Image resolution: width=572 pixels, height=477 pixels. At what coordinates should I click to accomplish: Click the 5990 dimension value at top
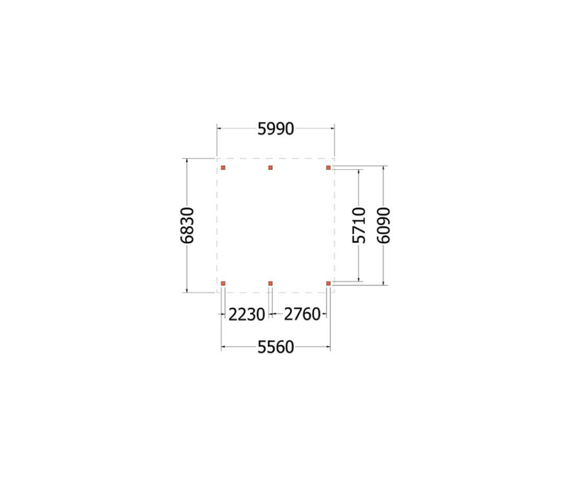(276, 129)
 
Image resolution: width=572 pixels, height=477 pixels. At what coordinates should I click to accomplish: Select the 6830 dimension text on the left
(188, 225)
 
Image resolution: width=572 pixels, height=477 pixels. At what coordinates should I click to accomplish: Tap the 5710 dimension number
(359, 225)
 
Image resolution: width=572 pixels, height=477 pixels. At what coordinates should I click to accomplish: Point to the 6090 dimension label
(384, 225)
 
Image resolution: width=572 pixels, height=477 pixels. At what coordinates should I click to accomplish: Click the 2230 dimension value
(246, 314)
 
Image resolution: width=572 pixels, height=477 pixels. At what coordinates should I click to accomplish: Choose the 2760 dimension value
(302, 314)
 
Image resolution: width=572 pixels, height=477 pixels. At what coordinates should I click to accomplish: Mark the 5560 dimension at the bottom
(276, 347)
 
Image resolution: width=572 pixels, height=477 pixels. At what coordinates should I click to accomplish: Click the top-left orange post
(223, 168)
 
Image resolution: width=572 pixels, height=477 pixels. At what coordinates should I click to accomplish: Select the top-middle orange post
(270, 168)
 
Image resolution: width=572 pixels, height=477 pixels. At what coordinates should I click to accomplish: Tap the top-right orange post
(328, 168)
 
